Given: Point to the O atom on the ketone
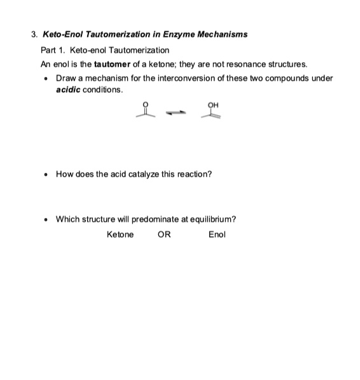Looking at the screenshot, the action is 151,106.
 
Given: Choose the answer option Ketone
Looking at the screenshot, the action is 120,234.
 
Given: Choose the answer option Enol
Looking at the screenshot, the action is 217,234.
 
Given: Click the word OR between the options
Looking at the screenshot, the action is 164,234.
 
